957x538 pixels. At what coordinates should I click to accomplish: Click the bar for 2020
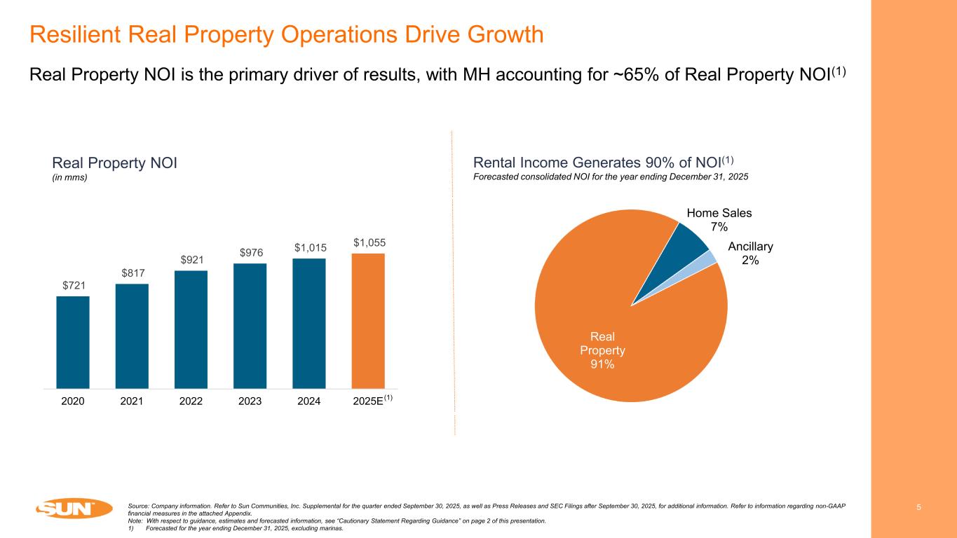pos(73,342)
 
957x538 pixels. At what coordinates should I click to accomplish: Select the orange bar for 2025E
pos(367,320)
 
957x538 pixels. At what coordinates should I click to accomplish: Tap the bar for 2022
pos(191,329)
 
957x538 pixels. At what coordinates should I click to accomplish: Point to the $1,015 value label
pos(309,247)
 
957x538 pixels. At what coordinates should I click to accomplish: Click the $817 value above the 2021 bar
pos(132,273)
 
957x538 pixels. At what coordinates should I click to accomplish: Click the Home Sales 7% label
pos(714,220)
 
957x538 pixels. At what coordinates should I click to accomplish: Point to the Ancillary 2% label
pos(750,253)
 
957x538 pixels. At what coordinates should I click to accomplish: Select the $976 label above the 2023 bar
pos(250,252)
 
